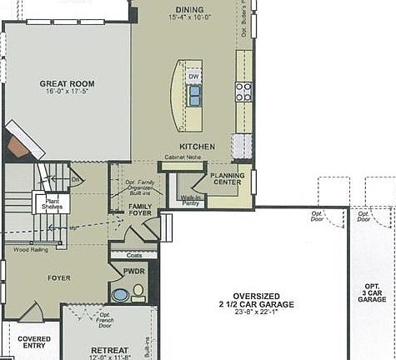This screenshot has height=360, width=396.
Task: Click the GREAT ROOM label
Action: point(67,83)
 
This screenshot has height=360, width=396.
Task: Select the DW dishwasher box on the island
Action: point(193,77)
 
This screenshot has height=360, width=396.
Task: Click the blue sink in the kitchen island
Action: point(194,96)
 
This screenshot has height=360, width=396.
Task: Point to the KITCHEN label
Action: point(197,147)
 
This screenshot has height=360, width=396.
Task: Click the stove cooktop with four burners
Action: point(243,92)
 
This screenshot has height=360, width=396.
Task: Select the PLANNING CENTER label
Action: point(226,178)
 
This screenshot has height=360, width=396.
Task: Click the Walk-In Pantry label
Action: point(191,200)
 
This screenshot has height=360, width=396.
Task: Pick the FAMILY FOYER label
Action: point(140,209)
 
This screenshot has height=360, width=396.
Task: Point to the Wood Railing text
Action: point(28,249)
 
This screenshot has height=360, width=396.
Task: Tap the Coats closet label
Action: point(134,255)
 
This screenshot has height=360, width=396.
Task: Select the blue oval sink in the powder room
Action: point(122,294)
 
